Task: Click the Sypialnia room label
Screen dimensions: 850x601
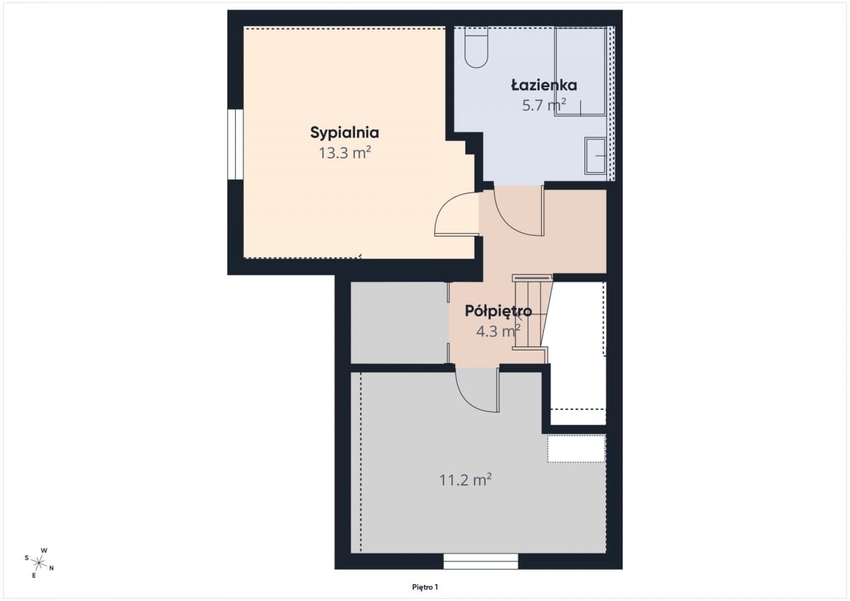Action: pyautogui.click(x=344, y=132)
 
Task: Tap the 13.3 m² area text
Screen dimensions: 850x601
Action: pyautogui.click(x=344, y=153)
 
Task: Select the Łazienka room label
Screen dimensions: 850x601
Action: pyautogui.click(x=544, y=85)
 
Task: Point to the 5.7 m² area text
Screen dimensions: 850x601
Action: pyautogui.click(x=544, y=105)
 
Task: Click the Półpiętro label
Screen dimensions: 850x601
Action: pyautogui.click(x=498, y=311)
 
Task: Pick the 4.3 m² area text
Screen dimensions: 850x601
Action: pyautogui.click(x=498, y=331)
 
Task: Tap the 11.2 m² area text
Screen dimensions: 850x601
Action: pyautogui.click(x=465, y=480)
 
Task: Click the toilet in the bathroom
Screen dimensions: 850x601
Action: pyautogui.click(x=476, y=47)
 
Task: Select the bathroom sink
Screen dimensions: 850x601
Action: pyautogui.click(x=596, y=156)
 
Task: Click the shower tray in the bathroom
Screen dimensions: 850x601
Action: pyautogui.click(x=580, y=71)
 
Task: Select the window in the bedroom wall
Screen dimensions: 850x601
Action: pyautogui.click(x=236, y=144)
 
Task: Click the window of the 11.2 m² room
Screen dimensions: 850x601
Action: pyautogui.click(x=481, y=561)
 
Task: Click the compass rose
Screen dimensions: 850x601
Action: pyautogui.click(x=39, y=563)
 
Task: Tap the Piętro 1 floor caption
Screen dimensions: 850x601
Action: pyautogui.click(x=425, y=588)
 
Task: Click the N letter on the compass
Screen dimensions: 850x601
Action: pyautogui.click(x=52, y=568)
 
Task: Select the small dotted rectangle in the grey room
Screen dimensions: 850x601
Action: pyautogui.click(x=576, y=449)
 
